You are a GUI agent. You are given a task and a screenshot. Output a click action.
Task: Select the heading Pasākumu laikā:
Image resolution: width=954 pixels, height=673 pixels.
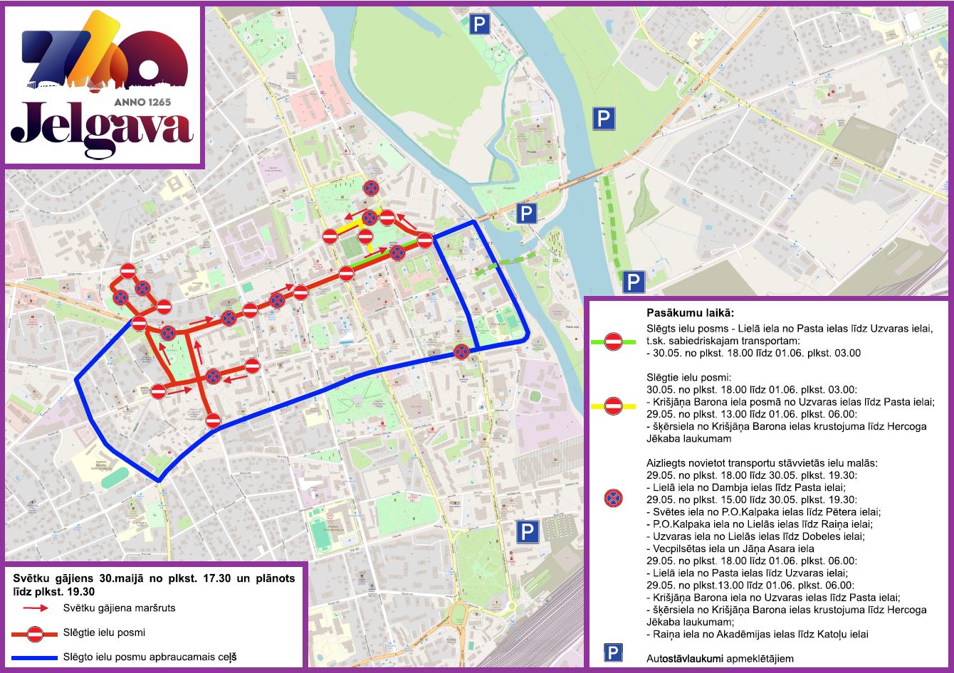(x=690, y=313)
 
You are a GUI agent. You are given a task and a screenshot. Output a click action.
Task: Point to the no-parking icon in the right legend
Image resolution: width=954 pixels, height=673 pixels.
(x=612, y=498)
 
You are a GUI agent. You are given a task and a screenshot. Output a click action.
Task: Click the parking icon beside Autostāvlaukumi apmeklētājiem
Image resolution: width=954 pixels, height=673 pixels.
(x=613, y=652)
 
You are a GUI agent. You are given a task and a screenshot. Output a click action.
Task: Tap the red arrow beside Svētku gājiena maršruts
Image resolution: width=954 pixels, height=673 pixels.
(x=35, y=608)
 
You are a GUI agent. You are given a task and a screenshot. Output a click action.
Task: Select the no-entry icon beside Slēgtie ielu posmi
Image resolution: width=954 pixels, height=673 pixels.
(x=35, y=633)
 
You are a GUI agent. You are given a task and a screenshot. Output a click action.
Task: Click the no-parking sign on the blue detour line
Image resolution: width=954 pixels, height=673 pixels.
(x=461, y=351)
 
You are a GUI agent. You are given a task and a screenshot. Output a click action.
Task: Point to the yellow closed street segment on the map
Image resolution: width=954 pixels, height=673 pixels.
(x=348, y=226)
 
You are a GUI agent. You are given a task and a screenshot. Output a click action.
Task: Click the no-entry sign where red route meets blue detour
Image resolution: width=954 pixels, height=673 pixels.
(x=213, y=420)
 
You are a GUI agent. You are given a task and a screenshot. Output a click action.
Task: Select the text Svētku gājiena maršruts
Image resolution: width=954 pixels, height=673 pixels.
(x=119, y=608)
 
